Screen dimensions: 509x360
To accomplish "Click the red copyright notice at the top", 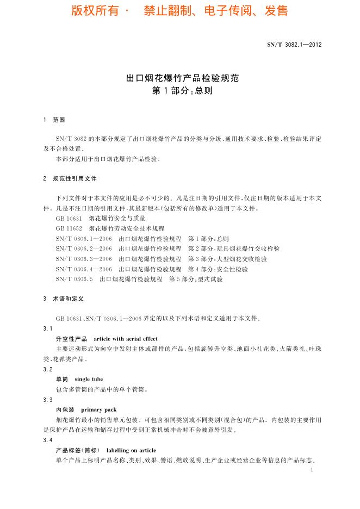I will pos(179,11).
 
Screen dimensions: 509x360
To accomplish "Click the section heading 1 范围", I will pos(54,120).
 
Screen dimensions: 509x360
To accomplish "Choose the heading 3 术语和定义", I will pos(63,299).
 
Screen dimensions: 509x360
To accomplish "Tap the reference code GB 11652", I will pos(69,229).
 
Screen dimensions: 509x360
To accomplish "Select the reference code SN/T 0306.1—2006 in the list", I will pos(84,239).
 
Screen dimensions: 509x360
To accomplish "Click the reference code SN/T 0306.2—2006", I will pos(84,249).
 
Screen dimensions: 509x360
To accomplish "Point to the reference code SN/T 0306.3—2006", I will pos(84,259).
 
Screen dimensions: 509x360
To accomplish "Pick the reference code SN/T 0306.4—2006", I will pos(84,269).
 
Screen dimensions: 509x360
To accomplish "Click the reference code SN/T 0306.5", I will pos(75,279).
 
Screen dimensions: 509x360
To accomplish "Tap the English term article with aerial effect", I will pos(126,339).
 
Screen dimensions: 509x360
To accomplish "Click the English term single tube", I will pos(89,379).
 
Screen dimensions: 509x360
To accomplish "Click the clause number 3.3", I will pos(47,400).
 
